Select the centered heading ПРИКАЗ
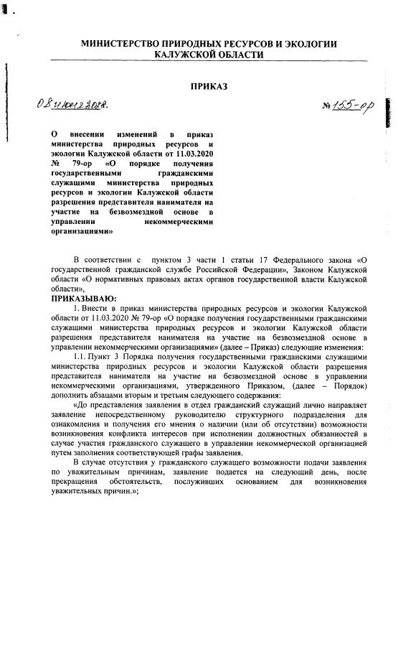pos(208,87)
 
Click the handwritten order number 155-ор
pos(356,108)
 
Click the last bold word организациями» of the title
pos(82,233)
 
